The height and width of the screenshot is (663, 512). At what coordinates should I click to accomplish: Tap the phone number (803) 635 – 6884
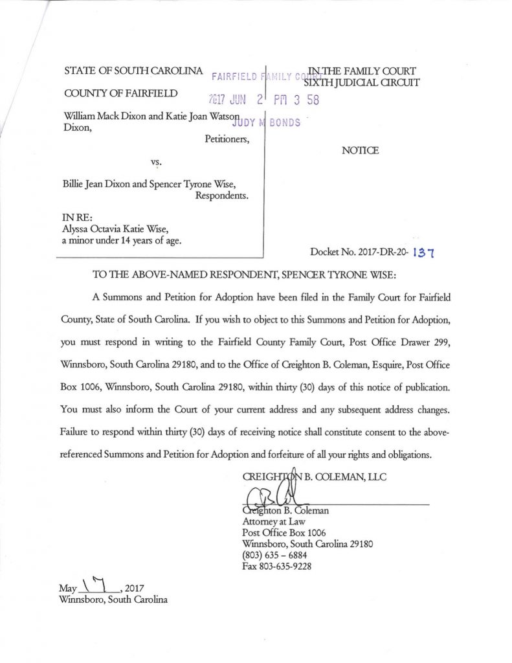click(x=274, y=555)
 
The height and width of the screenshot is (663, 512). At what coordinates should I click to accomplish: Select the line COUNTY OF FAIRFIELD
click(x=121, y=93)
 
